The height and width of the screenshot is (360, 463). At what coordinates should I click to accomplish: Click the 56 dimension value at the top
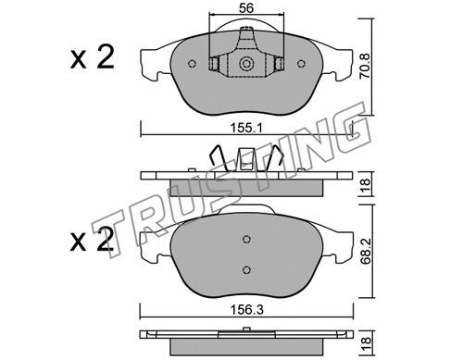[x=246, y=8]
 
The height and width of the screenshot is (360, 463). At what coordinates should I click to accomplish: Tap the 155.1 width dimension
[x=246, y=128]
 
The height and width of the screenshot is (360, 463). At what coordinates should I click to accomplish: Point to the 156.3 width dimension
[x=247, y=310]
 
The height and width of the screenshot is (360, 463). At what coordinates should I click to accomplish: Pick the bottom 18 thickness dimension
[x=366, y=341]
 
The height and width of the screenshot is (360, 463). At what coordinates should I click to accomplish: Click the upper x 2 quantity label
[x=92, y=57]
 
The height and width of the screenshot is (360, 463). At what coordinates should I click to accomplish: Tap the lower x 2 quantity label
[x=92, y=239]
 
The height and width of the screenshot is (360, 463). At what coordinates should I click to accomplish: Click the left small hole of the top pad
[x=192, y=64]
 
